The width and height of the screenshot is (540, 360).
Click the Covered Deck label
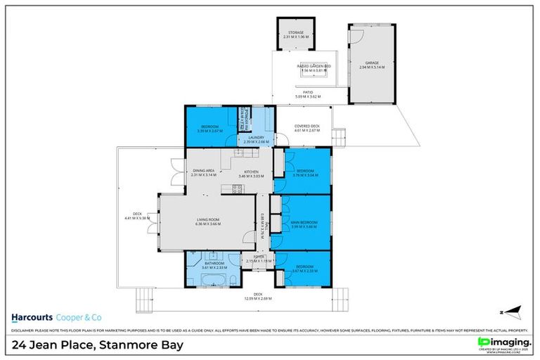pyautogui.click(x=307, y=127)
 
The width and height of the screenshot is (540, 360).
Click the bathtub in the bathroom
pyautogui.click(x=216, y=281)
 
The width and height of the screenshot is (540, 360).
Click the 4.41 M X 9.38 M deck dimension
pyautogui.click(x=137, y=217)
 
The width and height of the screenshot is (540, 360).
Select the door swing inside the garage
pyautogui.click(x=356, y=33)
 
